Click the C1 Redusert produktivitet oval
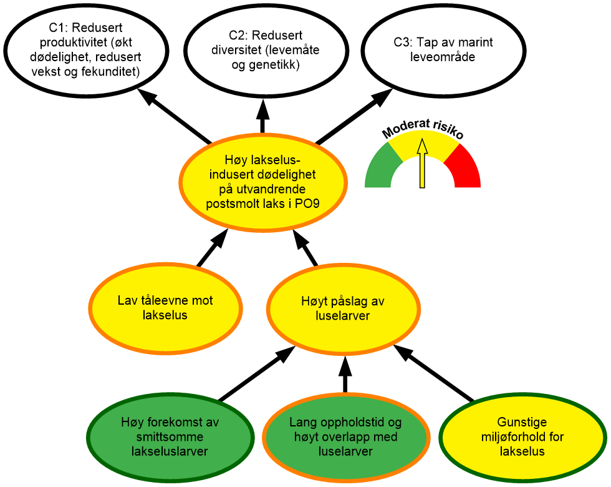86,50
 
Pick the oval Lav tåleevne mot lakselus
165,308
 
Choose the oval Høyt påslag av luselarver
342,308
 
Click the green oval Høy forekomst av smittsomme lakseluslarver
170,436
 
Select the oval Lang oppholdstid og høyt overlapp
346,436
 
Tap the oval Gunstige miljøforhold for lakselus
522,436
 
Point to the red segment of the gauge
467,169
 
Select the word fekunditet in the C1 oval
112,72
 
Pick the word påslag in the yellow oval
350,301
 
